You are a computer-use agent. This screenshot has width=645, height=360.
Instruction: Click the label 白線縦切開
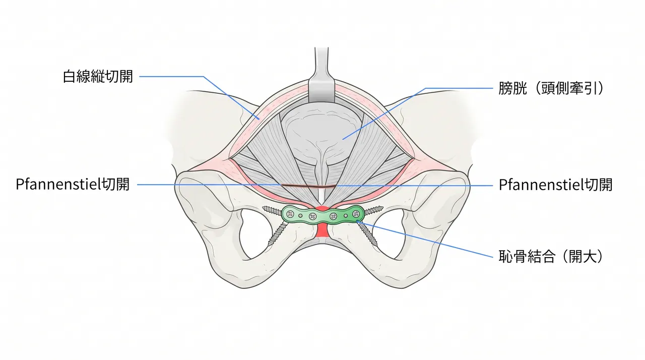click(x=98, y=77)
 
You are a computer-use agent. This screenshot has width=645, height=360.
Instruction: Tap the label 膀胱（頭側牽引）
click(x=551, y=88)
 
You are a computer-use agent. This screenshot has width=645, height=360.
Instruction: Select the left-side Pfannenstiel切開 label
click(x=73, y=185)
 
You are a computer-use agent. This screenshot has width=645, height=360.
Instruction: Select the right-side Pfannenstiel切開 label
click(x=555, y=185)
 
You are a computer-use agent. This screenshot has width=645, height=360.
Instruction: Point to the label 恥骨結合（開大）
click(x=551, y=256)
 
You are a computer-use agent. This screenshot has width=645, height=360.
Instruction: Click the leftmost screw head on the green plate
click(x=290, y=214)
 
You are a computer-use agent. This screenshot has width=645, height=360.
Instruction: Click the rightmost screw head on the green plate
click(x=356, y=213)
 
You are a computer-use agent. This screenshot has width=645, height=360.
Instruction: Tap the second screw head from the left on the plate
click(x=313, y=216)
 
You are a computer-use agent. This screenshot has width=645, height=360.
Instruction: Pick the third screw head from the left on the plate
click(x=333, y=216)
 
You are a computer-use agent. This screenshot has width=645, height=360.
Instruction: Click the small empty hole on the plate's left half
click(x=300, y=216)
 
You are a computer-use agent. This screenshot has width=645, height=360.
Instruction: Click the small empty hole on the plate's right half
click(x=346, y=215)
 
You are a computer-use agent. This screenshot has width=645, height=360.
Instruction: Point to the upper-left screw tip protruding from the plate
click(x=263, y=208)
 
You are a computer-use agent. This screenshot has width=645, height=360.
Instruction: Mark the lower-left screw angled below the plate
click(x=278, y=233)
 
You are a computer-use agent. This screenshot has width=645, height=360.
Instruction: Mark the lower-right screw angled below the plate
click(x=367, y=233)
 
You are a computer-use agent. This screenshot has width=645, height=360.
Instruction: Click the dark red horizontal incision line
click(x=308, y=187)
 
